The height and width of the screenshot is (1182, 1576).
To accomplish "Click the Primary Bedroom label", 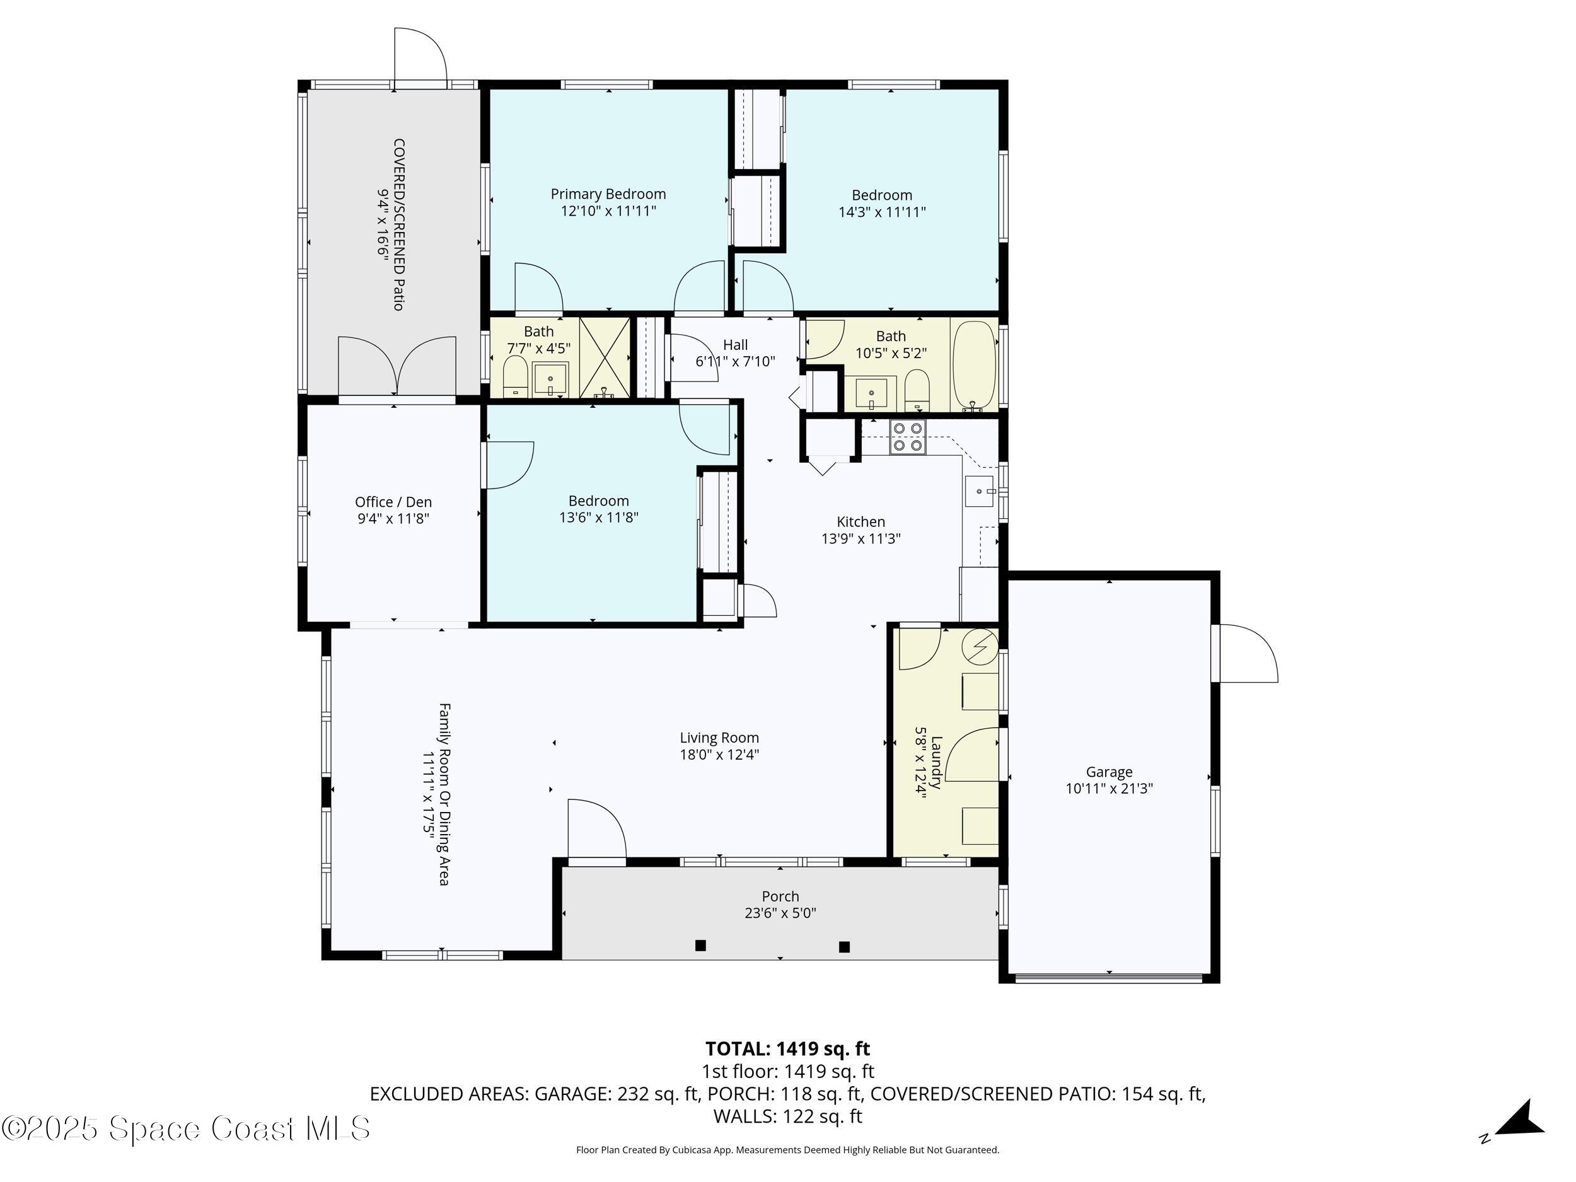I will (608, 194).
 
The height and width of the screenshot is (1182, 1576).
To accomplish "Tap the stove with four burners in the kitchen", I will (907, 437).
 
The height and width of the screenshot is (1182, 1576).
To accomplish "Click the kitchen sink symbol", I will (980, 492).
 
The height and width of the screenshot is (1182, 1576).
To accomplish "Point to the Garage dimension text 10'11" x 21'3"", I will (1109, 789).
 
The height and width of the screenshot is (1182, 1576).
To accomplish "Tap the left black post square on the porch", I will (700, 946).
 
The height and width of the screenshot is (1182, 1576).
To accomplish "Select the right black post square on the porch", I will (844, 947).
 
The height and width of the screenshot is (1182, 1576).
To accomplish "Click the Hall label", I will (735, 345).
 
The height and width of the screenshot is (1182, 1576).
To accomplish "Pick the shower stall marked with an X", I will (605, 357).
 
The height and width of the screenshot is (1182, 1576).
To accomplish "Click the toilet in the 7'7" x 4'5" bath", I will (515, 377).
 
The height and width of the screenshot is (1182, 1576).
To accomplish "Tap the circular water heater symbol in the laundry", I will (980, 646).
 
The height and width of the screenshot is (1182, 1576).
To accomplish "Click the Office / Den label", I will (393, 502).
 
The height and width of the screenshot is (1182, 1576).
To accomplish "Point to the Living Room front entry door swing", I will (596, 828).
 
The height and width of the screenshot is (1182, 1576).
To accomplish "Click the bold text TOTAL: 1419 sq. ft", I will (787, 1049).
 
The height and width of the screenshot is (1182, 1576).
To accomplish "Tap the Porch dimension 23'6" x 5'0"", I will (780, 913).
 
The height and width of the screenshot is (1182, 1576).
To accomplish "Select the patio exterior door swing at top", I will (420, 57).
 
